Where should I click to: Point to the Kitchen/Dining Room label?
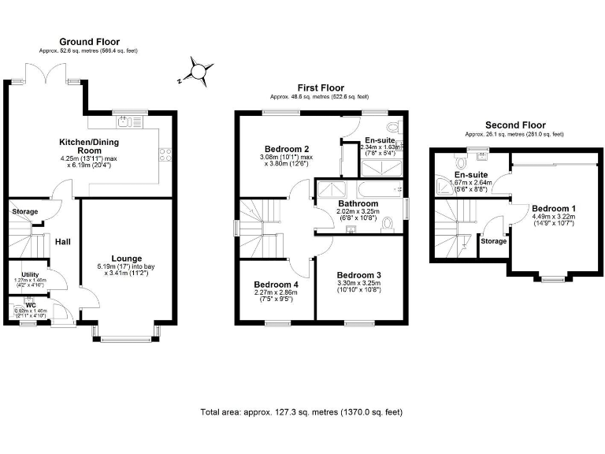tap(91, 147)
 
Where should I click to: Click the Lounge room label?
tap(125, 257)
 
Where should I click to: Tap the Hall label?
tap(63, 240)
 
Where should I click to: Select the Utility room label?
tap(30, 275)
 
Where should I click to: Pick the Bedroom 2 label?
tap(286, 148)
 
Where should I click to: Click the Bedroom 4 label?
tap(276, 285)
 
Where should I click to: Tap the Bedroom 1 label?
tap(554, 208)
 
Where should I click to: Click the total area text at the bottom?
tap(302, 412)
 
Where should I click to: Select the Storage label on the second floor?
tap(493, 241)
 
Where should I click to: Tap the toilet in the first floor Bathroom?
tap(387, 225)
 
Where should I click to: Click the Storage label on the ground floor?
tap(24, 211)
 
